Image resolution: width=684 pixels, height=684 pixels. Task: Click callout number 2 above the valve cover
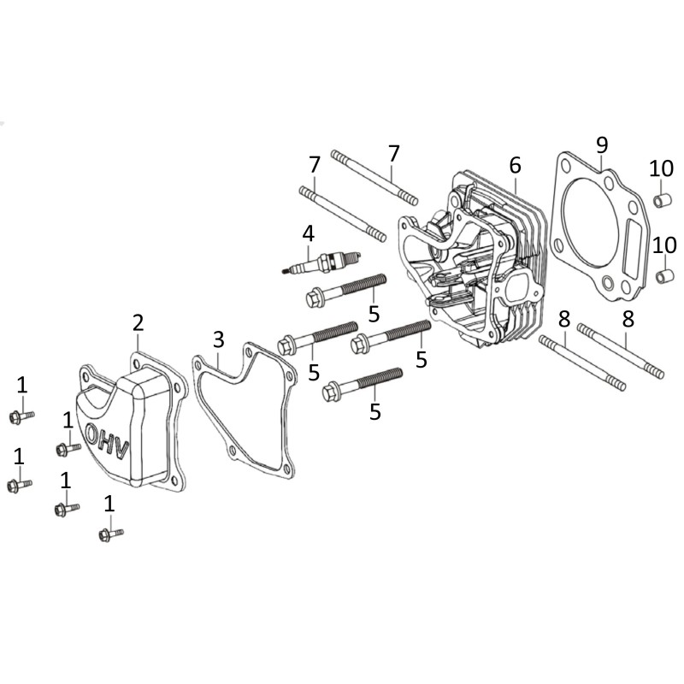tap(138, 322)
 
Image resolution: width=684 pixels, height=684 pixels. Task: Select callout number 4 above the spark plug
tap(308, 232)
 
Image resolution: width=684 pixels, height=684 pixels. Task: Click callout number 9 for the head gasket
tap(601, 144)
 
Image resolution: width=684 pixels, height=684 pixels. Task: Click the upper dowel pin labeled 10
tap(660, 203)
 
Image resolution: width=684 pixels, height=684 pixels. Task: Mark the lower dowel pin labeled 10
tap(663, 279)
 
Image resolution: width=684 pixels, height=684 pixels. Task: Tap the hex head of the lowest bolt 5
tap(332, 393)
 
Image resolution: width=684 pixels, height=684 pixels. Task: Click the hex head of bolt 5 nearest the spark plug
tap(313, 298)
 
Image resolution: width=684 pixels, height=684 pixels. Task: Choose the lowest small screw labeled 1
tap(106, 536)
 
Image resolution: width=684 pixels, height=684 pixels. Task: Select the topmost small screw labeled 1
tap(16, 417)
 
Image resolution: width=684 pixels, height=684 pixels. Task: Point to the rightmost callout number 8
tap(628, 321)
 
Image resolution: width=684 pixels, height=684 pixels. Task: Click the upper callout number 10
tap(661, 168)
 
